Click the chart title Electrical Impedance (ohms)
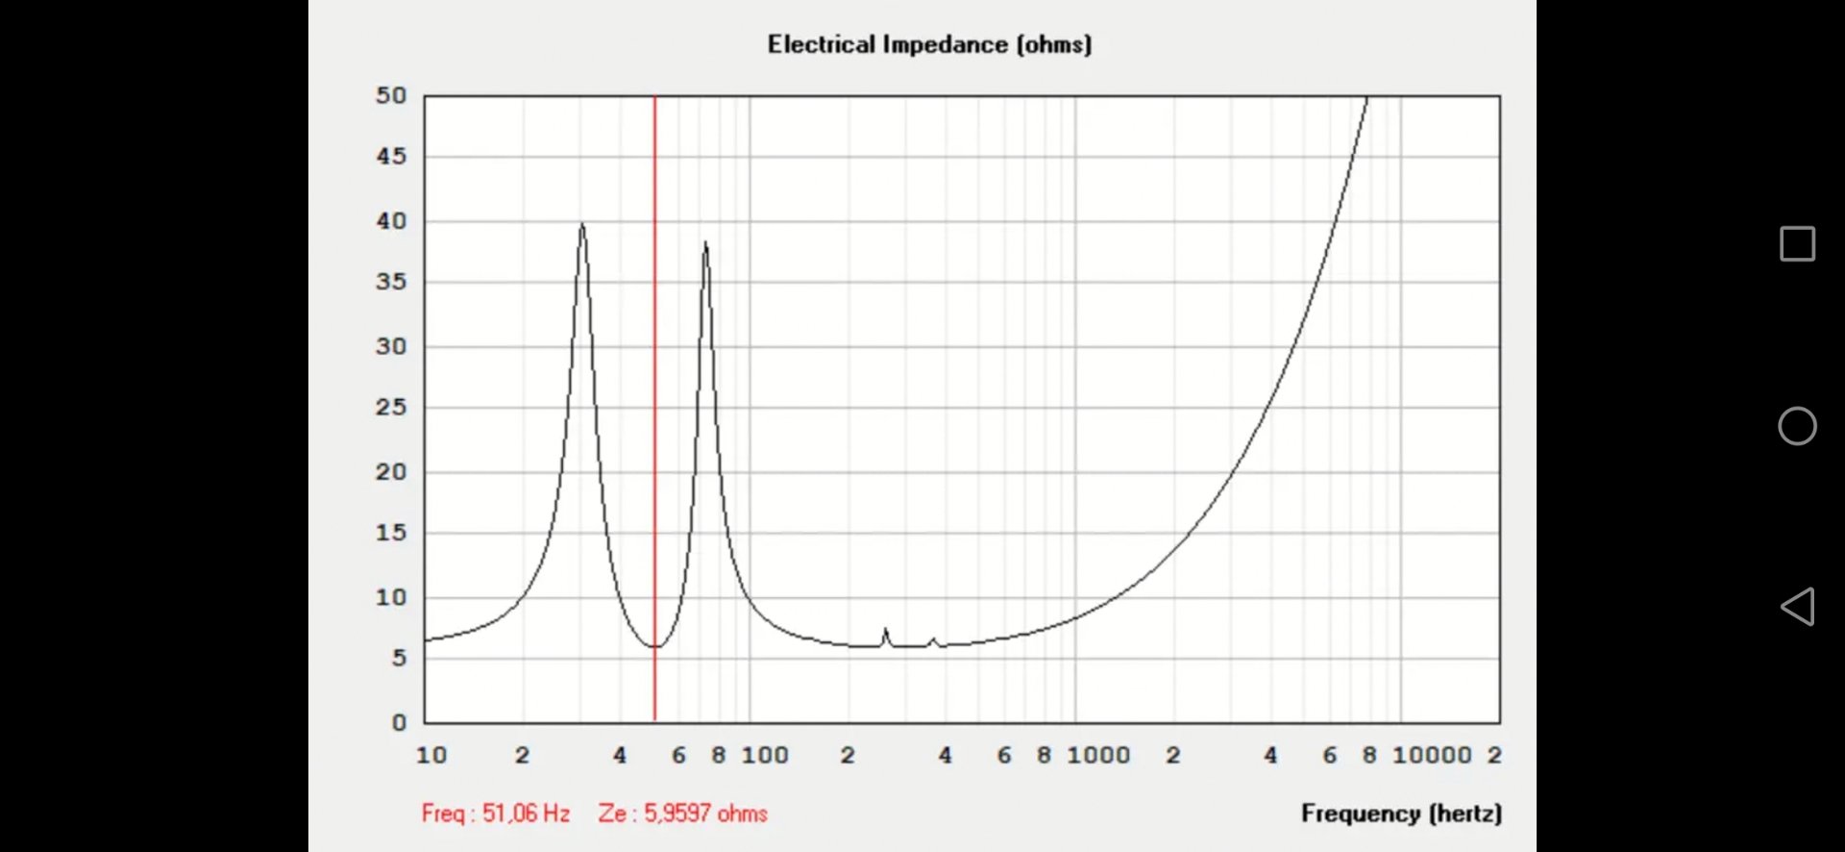(x=929, y=44)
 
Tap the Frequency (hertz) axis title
(x=1401, y=814)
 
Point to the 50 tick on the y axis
(x=391, y=95)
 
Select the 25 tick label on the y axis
(x=391, y=407)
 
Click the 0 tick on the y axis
(x=399, y=722)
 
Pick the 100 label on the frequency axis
(x=765, y=756)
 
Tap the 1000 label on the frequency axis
(x=1098, y=756)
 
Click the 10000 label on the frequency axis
(x=1432, y=756)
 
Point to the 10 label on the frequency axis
(x=431, y=756)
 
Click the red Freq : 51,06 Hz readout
(x=496, y=814)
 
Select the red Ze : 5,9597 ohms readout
(x=682, y=814)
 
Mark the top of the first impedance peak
(x=582, y=225)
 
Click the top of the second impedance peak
(x=705, y=243)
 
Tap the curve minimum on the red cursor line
(x=655, y=646)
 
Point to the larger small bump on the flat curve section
(x=886, y=631)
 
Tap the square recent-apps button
(x=1797, y=244)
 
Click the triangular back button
(x=1797, y=607)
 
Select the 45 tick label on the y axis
(x=391, y=156)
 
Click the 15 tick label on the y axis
(x=391, y=533)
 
